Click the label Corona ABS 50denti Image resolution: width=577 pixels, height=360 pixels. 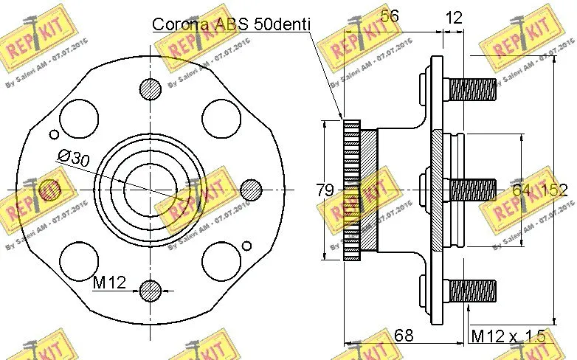pos(231,24)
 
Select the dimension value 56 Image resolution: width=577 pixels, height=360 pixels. pos(390,15)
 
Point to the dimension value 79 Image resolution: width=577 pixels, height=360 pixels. pos(325,190)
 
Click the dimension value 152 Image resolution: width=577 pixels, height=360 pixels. pos(553,190)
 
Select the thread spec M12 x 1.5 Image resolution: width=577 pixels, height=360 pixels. pos(508,336)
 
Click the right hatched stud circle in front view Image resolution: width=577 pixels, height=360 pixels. pos(251,189)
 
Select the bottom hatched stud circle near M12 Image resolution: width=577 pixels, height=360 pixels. pos(150,290)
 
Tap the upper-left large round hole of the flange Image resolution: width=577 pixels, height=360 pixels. pos(77,115)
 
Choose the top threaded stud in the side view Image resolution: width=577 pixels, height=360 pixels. pos(471,91)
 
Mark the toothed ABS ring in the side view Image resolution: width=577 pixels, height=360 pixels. pos(351,190)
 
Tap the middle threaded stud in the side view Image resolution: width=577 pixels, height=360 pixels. pos(471,190)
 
